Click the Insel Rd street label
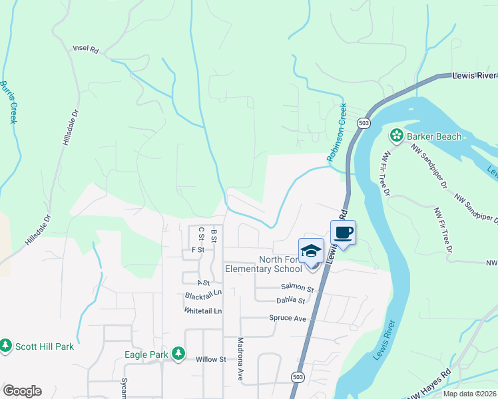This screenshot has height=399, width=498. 85,49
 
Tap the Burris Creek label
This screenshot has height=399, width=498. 8,102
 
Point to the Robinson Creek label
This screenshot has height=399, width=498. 337,133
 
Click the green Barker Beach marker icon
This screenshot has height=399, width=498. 397,136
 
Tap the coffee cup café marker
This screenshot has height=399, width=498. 343,233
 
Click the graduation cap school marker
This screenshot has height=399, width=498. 311,251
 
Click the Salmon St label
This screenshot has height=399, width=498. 297,288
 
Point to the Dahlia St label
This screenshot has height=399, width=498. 291,301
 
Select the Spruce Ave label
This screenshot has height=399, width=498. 288,319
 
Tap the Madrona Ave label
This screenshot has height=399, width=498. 241,358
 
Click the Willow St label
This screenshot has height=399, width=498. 211,359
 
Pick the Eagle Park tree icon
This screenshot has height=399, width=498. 178,354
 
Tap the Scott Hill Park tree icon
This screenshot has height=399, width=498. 6,346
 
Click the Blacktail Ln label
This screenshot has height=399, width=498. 203,293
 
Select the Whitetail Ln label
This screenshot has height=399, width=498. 203,311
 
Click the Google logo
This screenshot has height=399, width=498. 22,391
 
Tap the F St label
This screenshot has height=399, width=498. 196,249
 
